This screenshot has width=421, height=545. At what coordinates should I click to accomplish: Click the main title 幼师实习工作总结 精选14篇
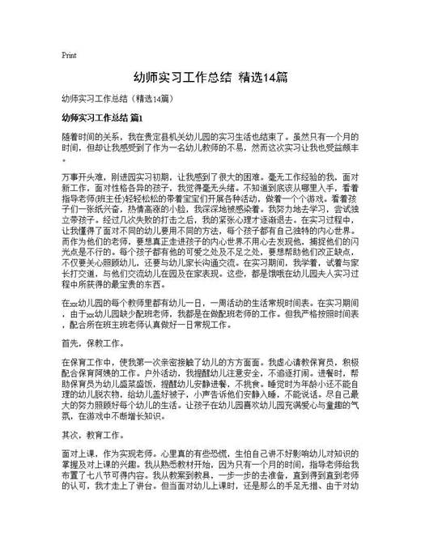coord(210,78)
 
